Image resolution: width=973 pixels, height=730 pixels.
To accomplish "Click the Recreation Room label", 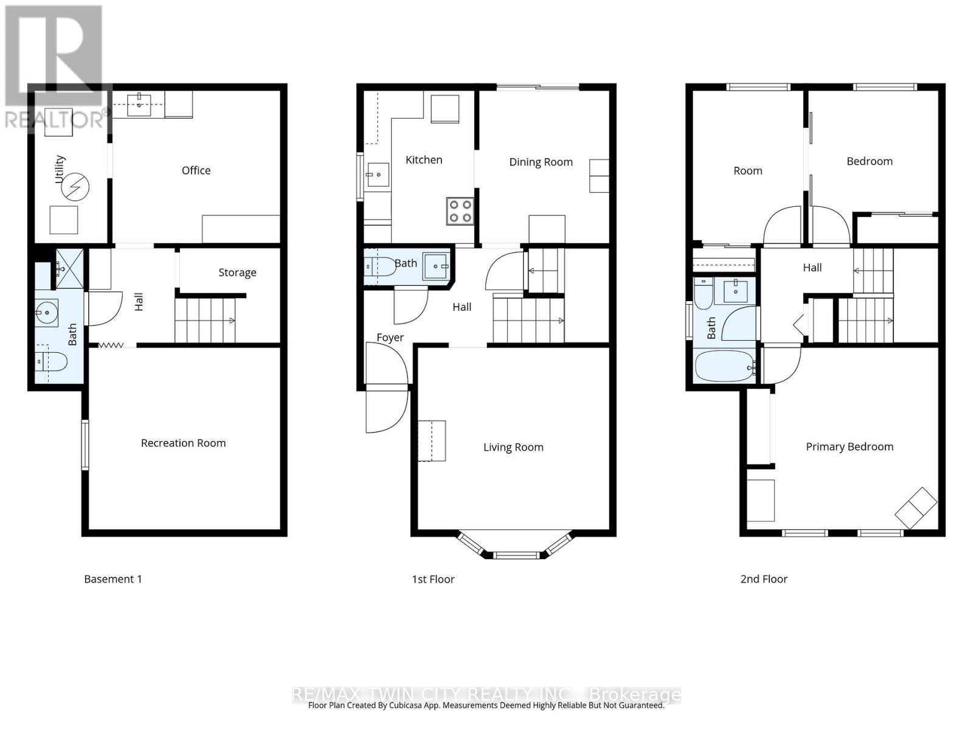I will [183, 443].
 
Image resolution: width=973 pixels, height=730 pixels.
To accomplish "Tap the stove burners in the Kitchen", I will [460, 211].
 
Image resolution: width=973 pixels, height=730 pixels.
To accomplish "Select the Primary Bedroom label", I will [850, 447].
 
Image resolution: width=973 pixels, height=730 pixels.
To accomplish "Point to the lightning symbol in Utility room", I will [75, 187].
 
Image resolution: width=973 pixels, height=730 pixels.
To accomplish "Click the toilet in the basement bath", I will [51, 362].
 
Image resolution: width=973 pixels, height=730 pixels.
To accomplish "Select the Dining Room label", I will [541, 162].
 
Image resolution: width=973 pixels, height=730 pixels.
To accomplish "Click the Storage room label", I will [237, 273].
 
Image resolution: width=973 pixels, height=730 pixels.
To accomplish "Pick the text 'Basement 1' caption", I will [113, 579].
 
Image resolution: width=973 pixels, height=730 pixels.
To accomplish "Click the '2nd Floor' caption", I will [764, 579].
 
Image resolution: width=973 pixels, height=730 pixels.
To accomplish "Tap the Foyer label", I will [390, 338].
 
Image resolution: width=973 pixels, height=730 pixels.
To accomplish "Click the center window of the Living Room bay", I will [516, 555].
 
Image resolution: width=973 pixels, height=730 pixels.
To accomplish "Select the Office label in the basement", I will [196, 170].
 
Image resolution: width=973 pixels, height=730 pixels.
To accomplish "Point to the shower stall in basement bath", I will [70, 268].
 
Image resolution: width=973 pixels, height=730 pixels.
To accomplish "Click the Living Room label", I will [513, 447].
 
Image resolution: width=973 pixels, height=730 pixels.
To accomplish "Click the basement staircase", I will [205, 320].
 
